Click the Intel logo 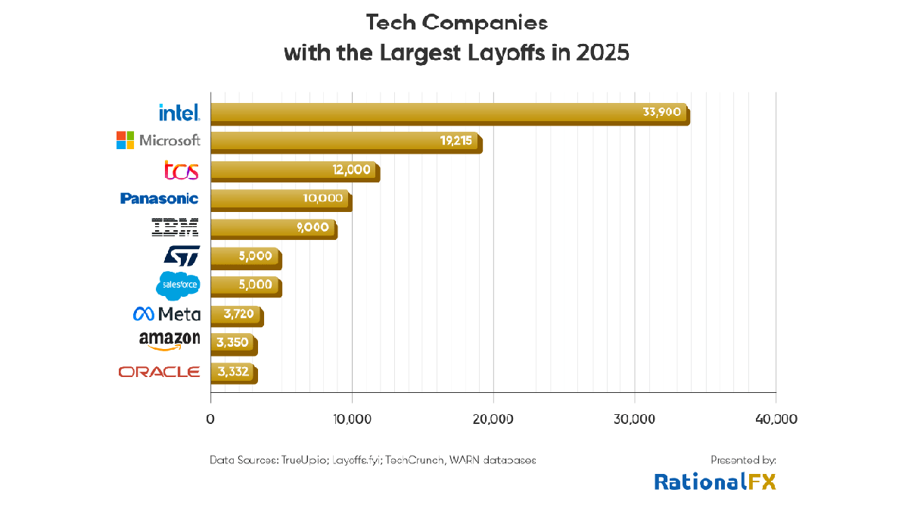tap(179, 113)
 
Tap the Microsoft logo tap(158, 140)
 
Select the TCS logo tap(182, 170)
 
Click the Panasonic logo tap(159, 198)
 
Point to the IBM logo tap(175, 227)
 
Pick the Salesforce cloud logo tap(179, 285)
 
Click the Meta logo tap(166, 314)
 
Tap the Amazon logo tap(169, 341)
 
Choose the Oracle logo tap(159, 372)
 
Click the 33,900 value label tap(661, 112)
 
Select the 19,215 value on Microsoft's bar tap(454, 141)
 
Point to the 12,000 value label tap(352, 170)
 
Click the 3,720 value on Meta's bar tap(239, 313)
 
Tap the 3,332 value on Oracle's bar tap(233, 371)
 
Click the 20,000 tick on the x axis tap(493, 419)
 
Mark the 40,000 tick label tap(776, 419)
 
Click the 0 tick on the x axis tap(210, 419)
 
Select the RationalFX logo tap(715, 482)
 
